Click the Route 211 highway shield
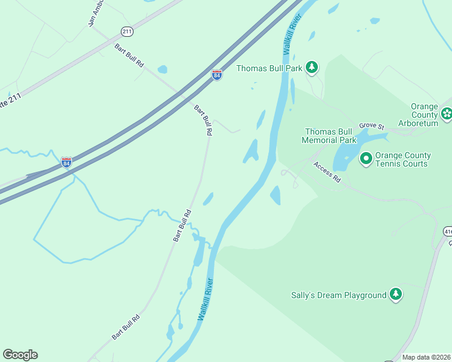[127, 31]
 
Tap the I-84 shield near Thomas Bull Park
[217, 75]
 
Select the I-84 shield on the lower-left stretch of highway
[66, 163]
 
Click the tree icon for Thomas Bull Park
[312, 68]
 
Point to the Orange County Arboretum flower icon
[447, 113]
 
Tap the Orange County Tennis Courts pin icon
[366, 159]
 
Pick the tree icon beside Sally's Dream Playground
[396, 294]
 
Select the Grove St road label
[372, 126]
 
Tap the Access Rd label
[327, 172]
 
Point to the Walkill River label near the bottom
[206, 299]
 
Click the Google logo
[20, 355]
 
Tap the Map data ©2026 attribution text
[427, 357]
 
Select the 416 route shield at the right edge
[448, 232]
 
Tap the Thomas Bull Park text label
[269, 68]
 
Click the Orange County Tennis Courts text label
[401, 159]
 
